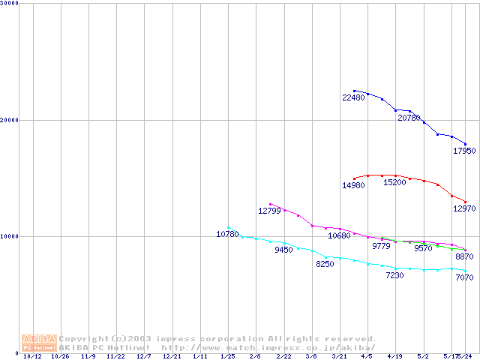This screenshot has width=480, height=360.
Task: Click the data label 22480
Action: [353, 98]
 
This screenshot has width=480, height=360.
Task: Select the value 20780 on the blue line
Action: [409, 118]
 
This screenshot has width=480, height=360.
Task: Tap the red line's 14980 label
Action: [353, 185]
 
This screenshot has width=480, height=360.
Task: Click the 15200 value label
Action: [395, 182]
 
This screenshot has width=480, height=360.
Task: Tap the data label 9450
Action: [283, 250]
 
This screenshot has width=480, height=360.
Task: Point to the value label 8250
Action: [325, 264]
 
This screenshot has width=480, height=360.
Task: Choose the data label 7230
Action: [394, 275]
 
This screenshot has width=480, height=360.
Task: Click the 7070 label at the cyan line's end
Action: [464, 277]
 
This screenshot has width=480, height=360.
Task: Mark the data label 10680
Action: [339, 235]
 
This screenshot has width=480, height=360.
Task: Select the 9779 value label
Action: [381, 246]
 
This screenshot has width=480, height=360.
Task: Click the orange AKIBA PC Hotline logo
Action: [39, 343]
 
